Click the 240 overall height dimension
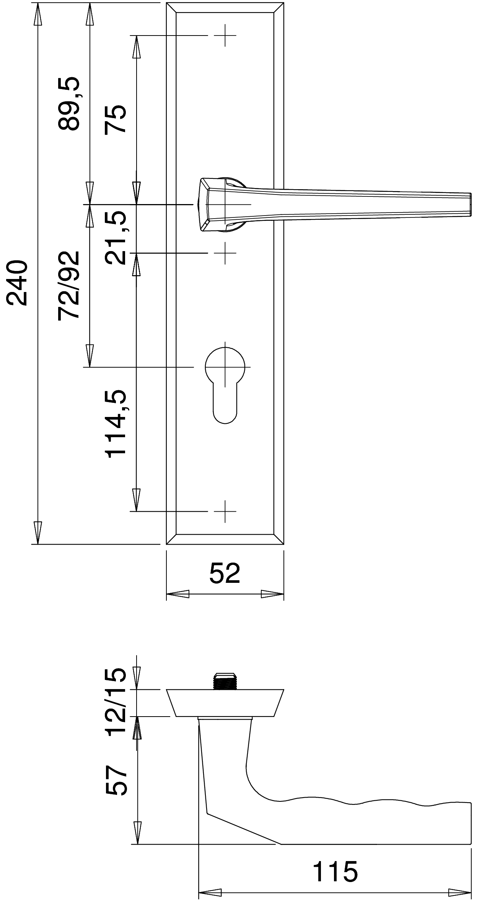[18, 283]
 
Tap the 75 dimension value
[116, 119]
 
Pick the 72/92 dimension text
[69, 285]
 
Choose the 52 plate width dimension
[225, 573]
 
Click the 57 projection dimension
[116, 781]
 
